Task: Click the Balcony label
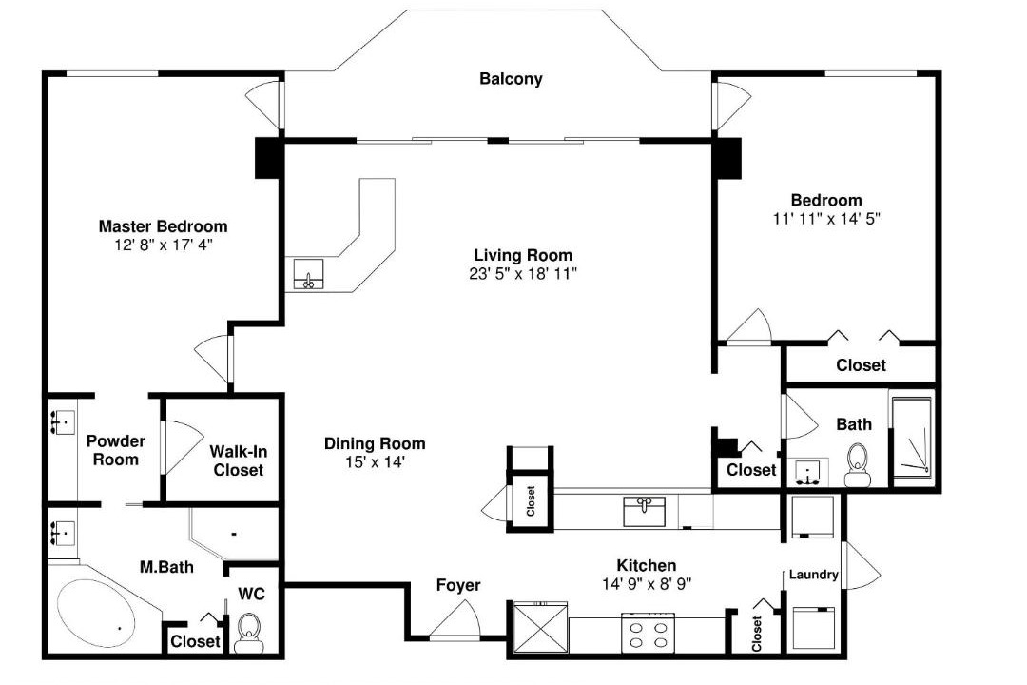click(511, 79)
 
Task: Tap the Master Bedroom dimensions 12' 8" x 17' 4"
click(164, 245)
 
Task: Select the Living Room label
click(523, 255)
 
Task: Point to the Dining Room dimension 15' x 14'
click(375, 462)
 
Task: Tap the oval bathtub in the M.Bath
click(96, 612)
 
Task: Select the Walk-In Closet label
click(238, 460)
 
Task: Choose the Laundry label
click(813, 575)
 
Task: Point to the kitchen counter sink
click(644, 511)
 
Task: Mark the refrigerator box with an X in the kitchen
click(540, 627)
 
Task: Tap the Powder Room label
click(116, 450)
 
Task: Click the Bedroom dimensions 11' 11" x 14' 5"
click(826, 219)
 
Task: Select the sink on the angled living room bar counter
click(308, 274)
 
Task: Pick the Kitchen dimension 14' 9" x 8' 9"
click(647, 583)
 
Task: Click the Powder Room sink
click(62, 422)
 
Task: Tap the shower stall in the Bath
click(912, 436)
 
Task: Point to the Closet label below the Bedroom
click(861, 365)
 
